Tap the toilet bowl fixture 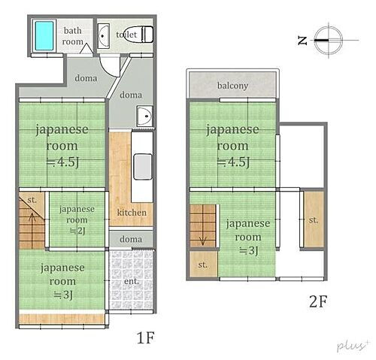(x=144, y=35)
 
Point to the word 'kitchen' (x=132, y=213)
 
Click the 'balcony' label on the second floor (x=233, y=85)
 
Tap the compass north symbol (x=326, y=39)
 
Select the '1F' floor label (x=145, y=337)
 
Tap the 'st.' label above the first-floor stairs (x=32, y=201)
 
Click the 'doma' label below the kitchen (x=132, y=239)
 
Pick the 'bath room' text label (x=73, y=36)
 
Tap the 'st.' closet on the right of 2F (x=313, y=219)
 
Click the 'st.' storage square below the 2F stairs (x=203, y=265)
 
